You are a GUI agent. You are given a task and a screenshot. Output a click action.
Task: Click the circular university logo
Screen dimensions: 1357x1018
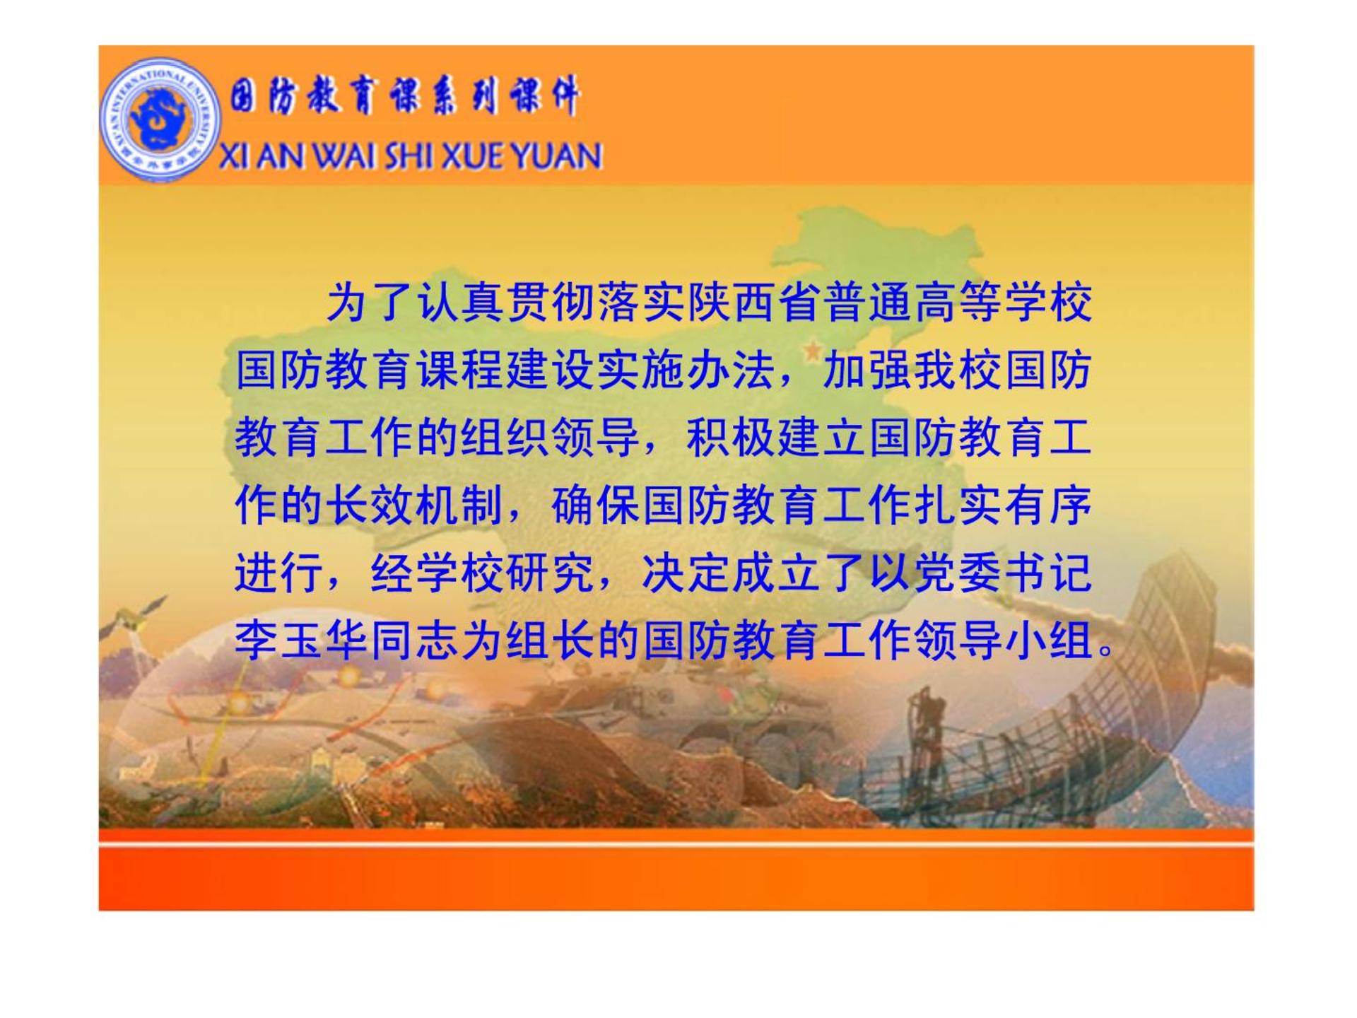(160, 119)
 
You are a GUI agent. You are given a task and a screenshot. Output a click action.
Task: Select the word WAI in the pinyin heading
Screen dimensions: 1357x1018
(344, 156)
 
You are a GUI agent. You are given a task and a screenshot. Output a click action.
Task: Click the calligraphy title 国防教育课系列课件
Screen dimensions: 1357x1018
(405, 96)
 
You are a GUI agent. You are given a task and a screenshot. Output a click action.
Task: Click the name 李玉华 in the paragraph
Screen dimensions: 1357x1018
(302, 640)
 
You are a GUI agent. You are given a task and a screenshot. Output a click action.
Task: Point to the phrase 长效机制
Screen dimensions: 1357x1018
(415, 505)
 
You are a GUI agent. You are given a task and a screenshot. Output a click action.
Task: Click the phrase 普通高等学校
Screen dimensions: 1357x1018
(958, 302)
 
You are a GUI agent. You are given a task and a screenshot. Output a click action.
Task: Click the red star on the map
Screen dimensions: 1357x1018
(813, 349)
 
